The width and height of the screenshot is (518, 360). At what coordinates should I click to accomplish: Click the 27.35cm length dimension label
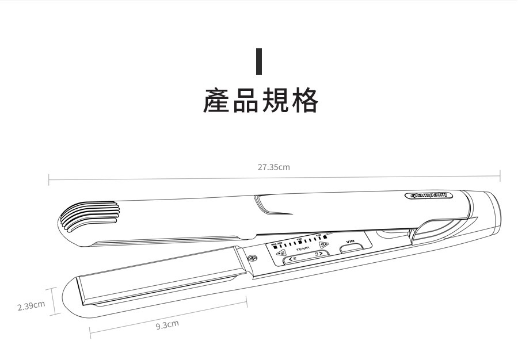tap(273, 167)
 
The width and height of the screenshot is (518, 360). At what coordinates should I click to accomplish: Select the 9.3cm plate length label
tap(167, 325)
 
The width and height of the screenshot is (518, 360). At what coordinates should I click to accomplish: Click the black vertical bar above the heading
tap(259, 61)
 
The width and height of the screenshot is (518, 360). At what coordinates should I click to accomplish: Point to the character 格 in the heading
tap(304, 100)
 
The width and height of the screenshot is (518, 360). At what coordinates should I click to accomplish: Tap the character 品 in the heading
tap(246, 100)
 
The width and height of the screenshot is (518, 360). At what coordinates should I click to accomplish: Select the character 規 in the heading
tap(275, 100)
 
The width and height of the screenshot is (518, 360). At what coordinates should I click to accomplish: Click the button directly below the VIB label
tap(350, 250)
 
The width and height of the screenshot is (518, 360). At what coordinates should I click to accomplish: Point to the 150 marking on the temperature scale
tap(299, 239)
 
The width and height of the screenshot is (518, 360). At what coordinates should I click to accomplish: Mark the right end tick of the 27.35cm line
tap(500, 175)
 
